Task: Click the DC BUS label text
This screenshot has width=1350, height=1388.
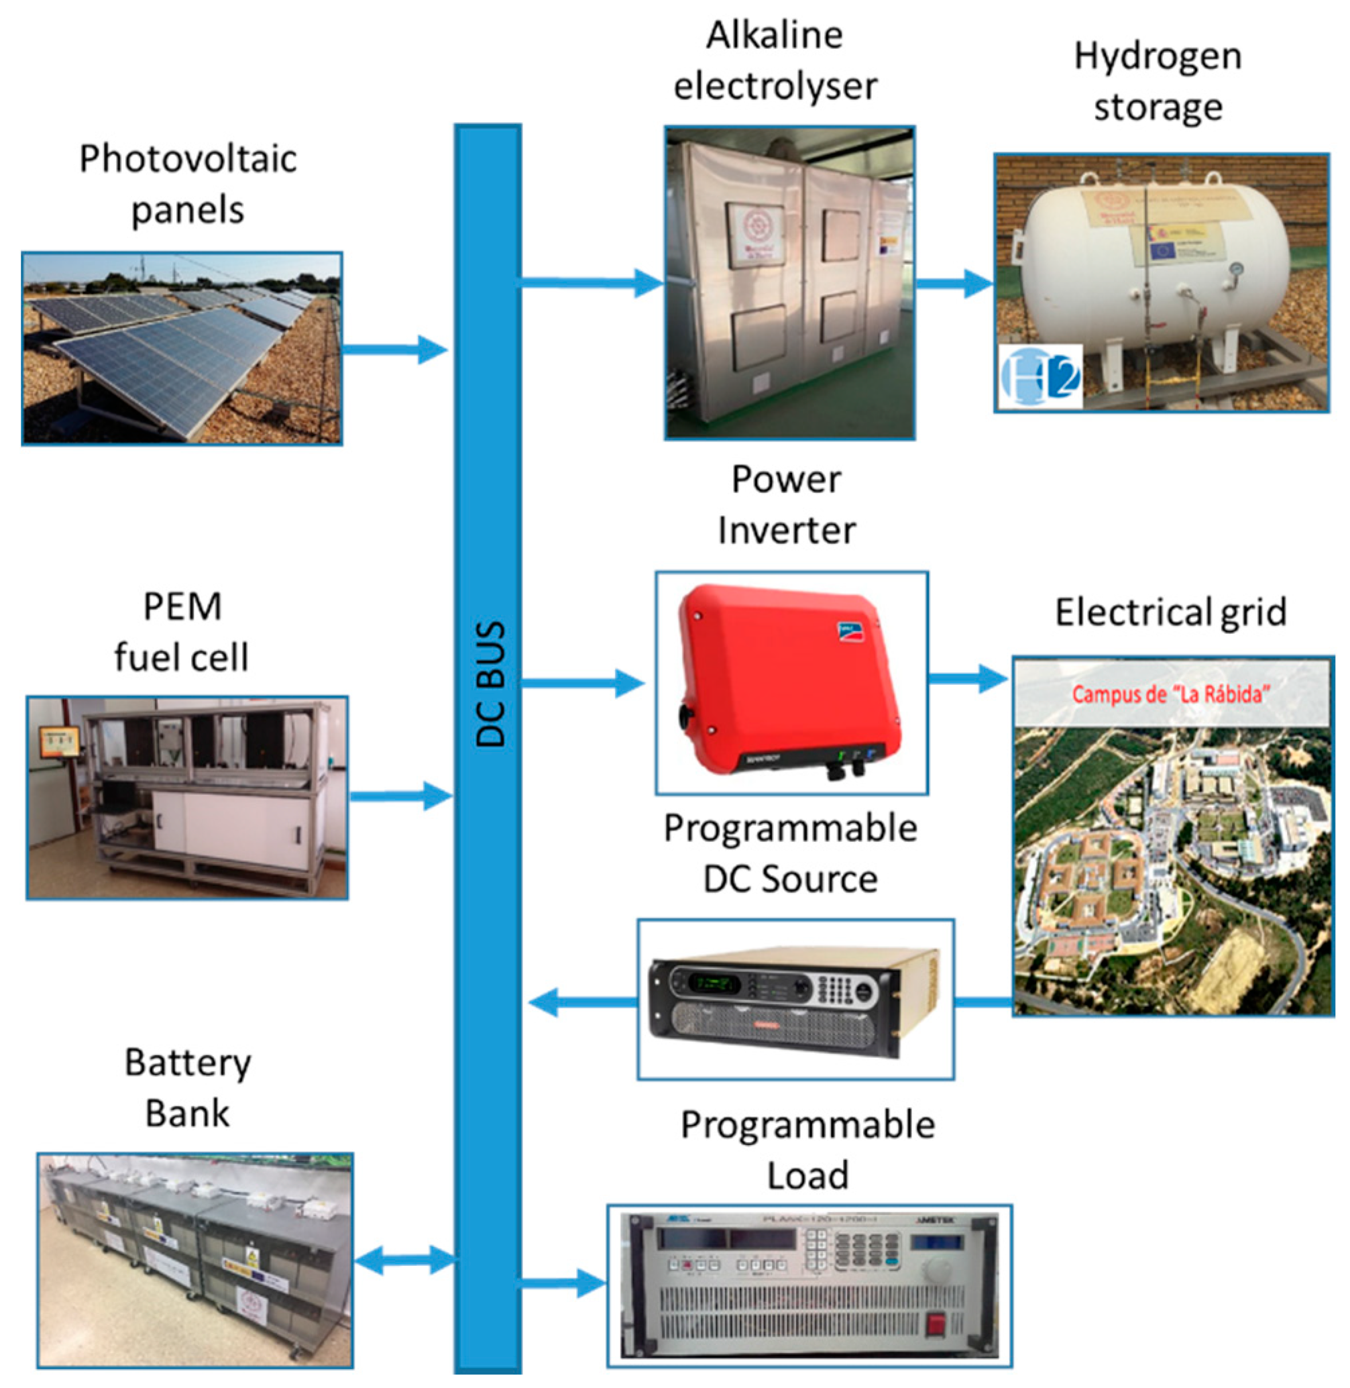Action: [490, 684]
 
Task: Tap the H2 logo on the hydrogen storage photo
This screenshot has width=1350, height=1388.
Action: [1040, 376]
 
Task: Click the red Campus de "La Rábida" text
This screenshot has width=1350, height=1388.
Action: [1170, 694]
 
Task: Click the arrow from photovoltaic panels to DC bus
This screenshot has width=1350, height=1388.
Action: [394, 349]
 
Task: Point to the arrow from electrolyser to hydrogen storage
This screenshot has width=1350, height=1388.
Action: [953, 284]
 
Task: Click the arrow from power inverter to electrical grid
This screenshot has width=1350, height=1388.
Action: [967, 679]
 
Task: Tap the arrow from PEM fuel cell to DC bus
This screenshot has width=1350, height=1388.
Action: [400, 796]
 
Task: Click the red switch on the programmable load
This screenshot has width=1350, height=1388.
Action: [938, 1324]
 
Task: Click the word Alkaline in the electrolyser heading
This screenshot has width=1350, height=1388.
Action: [775, 36]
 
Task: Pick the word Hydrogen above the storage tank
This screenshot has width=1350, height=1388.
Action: [1158, 57]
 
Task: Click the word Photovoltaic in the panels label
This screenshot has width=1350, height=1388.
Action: [188, 159]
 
